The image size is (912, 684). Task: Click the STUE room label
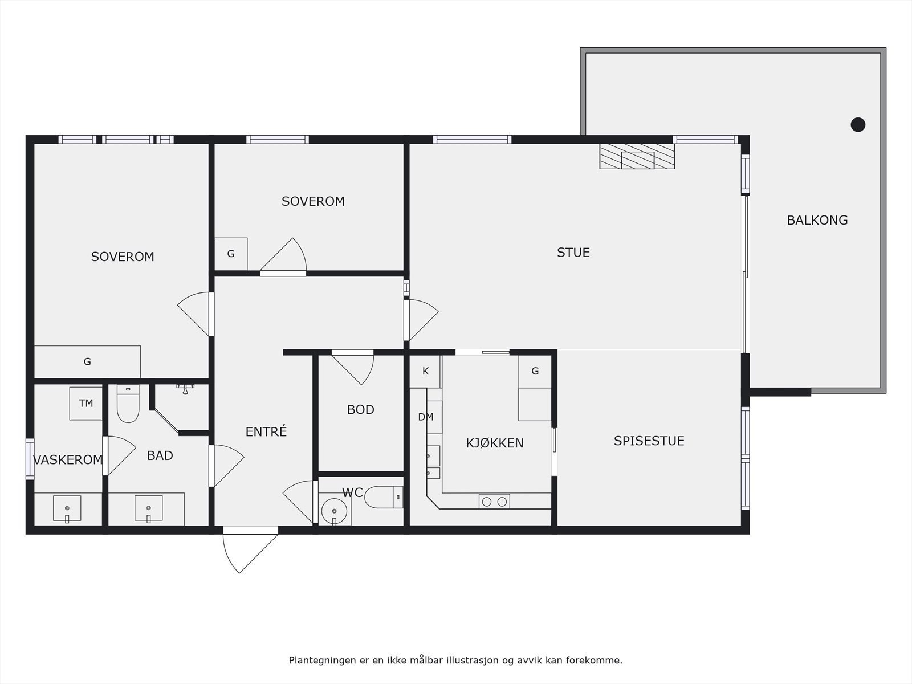(x=573, y=253)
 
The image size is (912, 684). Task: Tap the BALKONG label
(x=817, y=220)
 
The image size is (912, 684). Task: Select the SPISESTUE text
(x=649, y=441)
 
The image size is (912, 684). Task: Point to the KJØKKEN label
(x=494, y=443)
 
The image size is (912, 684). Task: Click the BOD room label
(x=361, y=410)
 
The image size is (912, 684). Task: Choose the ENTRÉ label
(x=266, y=431)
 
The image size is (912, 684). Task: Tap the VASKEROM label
(x=68, y=460)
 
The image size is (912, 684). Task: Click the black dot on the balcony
(x=858, y=125)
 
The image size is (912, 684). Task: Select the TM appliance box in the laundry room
(x=85, y=403)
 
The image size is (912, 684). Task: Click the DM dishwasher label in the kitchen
(x=425, y=417)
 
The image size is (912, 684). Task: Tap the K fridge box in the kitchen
(x=425, y=371)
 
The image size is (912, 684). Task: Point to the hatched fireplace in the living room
(x=637, y=156)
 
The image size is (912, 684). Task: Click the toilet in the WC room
(x=384, y=497)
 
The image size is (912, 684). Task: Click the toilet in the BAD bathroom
(x=128, y=403)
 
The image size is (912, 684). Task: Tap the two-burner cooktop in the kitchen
(x=494, y=501)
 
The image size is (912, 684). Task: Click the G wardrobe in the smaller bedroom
(x=231, y=254)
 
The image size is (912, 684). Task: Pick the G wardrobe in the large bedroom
(x=87, y=362)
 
